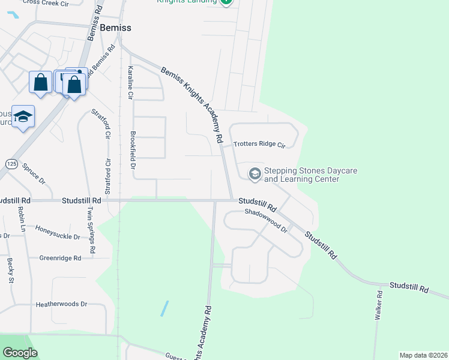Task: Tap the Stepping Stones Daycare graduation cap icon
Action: pyautogui.click(x=255, y=174)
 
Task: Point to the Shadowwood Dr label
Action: pyautogui.click(x=266, y=220)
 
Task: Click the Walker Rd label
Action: pyautogui.click(x=379, y=305)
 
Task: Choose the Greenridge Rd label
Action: pyautogui.click(x=60, y=258)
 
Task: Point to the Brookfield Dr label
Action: pyautogui.click(x=133, y=150)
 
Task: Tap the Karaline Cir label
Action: pyautogui.click(x=130, y=82)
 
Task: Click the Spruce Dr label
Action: pyautogui.click(x=33, y=172)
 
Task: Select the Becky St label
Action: pyautogui.click(x=11, y=270)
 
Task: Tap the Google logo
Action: pyautogui.click(x=20, y=353)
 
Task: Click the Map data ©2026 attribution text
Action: pyautogui.click(x=423, y=355)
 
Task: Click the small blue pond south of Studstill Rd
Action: pyautogui.click(x=164, y=308)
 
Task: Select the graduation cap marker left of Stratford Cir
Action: pyautogui.click(x=23, y=116)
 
